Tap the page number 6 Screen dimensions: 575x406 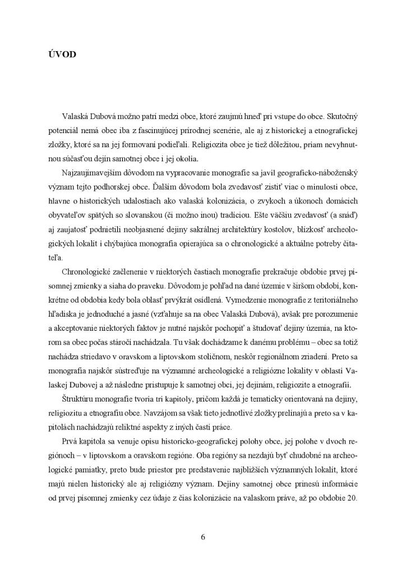pyautogui.click(x=203, y=537)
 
